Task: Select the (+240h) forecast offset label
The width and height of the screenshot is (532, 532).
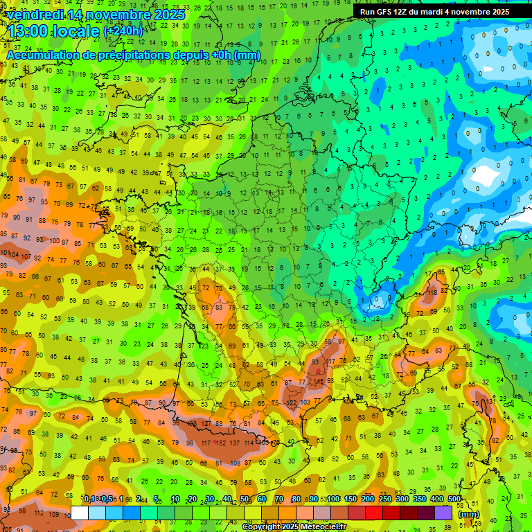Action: click(x=123, y=30)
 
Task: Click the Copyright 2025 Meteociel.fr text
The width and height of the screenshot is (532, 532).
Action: click(x=294, y=527)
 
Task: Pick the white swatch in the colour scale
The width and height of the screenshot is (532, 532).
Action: click(x=80, y=513)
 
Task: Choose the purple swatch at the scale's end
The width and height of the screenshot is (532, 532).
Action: click(x=443, y=513)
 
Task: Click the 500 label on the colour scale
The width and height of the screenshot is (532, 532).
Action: click(x=454, y=499)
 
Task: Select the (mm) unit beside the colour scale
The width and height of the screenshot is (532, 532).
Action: click(x=469, y=514)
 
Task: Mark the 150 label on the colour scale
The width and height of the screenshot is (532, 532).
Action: click(x=351, y=499)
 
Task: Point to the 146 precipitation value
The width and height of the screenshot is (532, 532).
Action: click(x=319, y=381)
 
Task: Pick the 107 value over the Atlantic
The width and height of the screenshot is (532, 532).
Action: click(x=26, y=256)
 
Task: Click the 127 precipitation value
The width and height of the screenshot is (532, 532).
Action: click(x=206, y=423)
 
